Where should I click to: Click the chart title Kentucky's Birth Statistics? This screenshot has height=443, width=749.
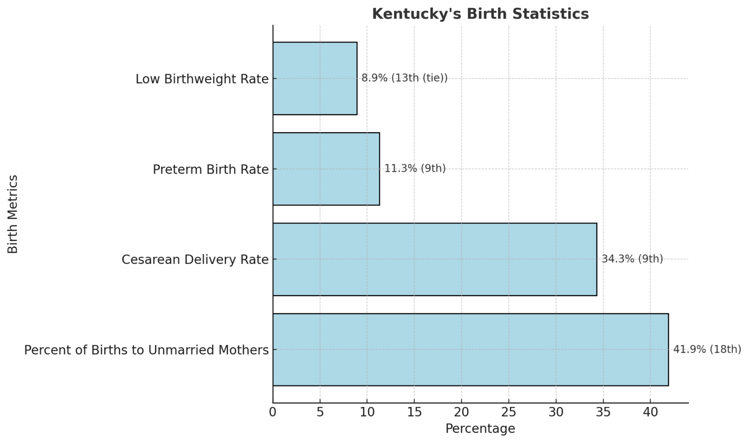click(480, 14)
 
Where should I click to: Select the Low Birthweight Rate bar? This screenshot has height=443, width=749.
click(315, 79)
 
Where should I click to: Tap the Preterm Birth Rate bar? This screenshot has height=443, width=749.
click(326, 169)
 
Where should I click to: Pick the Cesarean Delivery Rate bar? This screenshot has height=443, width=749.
click(434, 259)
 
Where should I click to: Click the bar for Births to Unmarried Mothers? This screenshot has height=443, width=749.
click(470, 349)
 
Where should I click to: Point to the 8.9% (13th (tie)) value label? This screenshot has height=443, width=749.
click(404, 78)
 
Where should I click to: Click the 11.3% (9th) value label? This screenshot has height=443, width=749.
click(415, 169)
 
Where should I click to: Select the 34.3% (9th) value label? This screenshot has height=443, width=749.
click(632, 259)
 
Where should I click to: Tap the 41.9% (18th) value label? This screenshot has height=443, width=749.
click(707, 349)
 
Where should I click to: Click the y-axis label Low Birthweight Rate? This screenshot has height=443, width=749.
click(202, 79)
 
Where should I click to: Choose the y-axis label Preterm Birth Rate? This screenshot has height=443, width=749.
click(211, 169)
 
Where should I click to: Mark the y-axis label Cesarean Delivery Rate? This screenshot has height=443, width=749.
click(195, 260)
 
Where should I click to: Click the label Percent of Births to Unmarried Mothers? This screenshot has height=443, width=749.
click(146, 350)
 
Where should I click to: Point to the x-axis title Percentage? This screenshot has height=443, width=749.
click(480, 429)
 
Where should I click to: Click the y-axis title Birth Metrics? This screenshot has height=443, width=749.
click(13, 214)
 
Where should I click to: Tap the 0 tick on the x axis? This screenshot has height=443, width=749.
click(273, 412)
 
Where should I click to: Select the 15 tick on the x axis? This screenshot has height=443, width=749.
click(414, 412)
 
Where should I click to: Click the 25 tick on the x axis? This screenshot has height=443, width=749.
click(509, 412)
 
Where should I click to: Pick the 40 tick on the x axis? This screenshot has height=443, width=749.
click(650, 412)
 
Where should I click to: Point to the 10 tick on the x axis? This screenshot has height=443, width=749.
click(367, 412)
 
